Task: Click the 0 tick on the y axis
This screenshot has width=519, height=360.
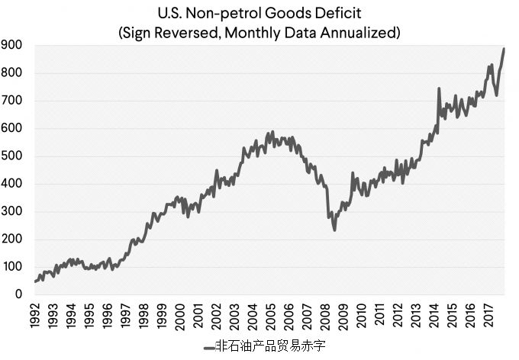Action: (17, 294)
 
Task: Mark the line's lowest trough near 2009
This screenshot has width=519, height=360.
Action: (334, 229)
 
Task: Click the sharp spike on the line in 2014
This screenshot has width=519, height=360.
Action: (438, 89)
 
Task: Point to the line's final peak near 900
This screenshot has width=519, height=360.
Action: (504, 50)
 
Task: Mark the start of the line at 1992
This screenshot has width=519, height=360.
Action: (36, 281)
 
